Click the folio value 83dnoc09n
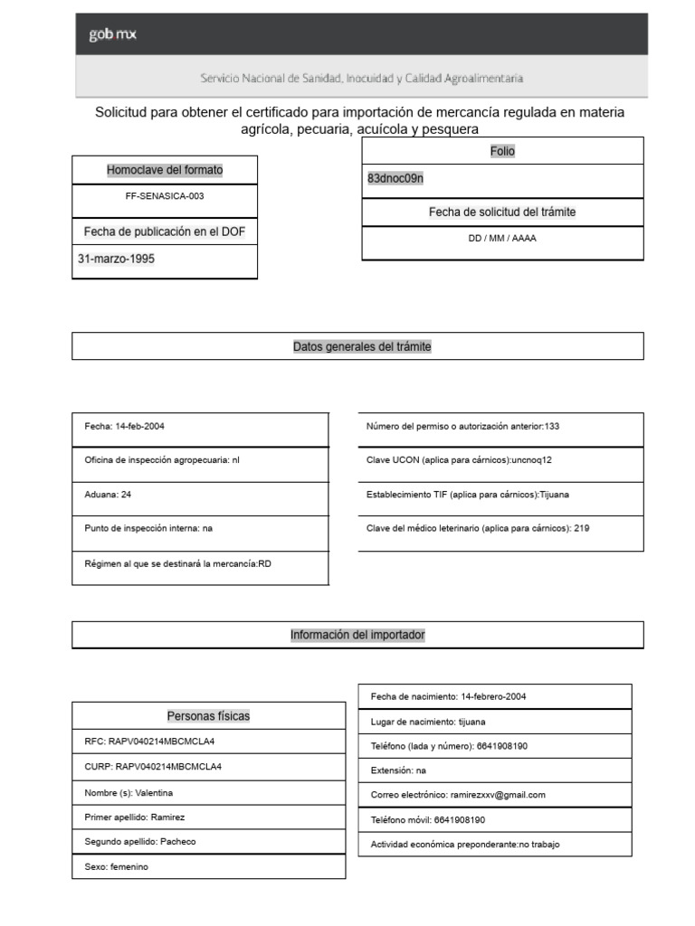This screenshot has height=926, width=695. pyautogui.click(x=395, y=179)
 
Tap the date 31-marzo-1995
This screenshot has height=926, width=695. pyautogui.click(x=117, y=258)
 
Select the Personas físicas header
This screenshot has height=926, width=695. pyautogui.click(x=208, y=716)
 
